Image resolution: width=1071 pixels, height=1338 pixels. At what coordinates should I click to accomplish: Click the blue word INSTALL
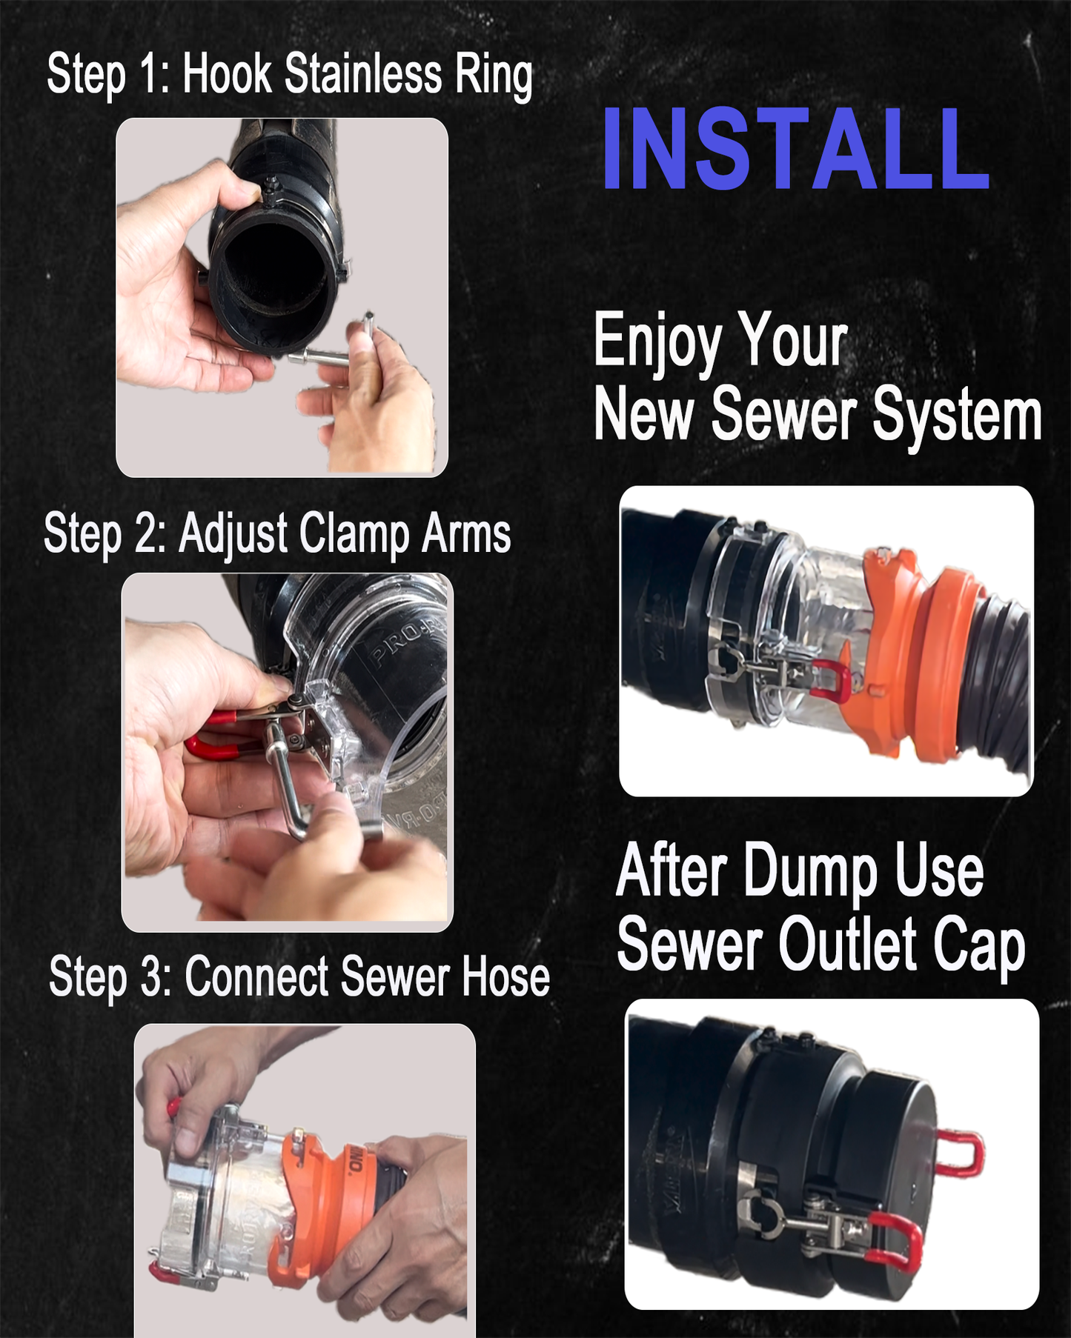796,149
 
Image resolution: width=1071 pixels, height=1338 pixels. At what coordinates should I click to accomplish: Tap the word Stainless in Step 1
362,76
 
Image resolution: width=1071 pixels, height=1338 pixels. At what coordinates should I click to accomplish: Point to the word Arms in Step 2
466,533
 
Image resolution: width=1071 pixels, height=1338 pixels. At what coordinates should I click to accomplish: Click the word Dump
811,872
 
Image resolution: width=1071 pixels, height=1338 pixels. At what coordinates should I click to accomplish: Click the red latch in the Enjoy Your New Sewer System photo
831,680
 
